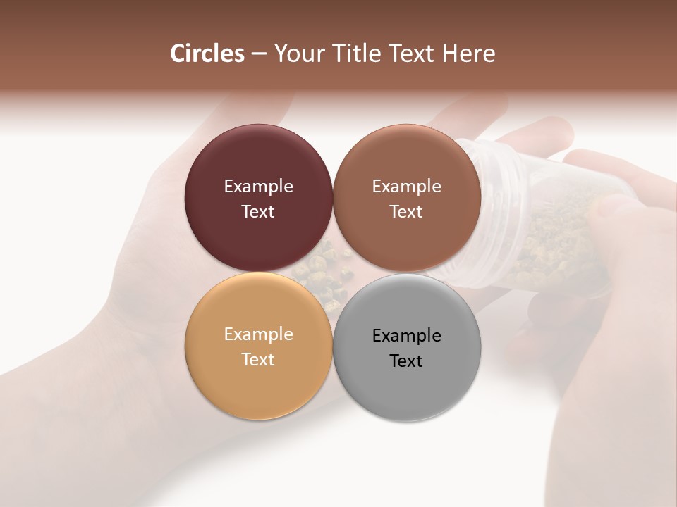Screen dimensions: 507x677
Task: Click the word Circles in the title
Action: [207, 54]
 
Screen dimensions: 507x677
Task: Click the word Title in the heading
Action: [355, 54]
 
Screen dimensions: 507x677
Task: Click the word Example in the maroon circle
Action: [258, 187]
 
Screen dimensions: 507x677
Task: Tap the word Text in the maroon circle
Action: [258, 212]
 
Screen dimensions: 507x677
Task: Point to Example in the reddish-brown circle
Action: [406, 187]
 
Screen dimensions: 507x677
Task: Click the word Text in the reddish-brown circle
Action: [406, 212]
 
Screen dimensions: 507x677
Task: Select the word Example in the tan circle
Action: [258, 334]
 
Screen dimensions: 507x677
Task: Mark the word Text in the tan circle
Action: [258, 360]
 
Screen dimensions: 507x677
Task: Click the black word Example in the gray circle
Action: [406, 336]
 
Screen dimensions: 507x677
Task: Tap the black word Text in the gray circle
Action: [406, 361]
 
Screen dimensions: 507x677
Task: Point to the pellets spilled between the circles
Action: [324, 271]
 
